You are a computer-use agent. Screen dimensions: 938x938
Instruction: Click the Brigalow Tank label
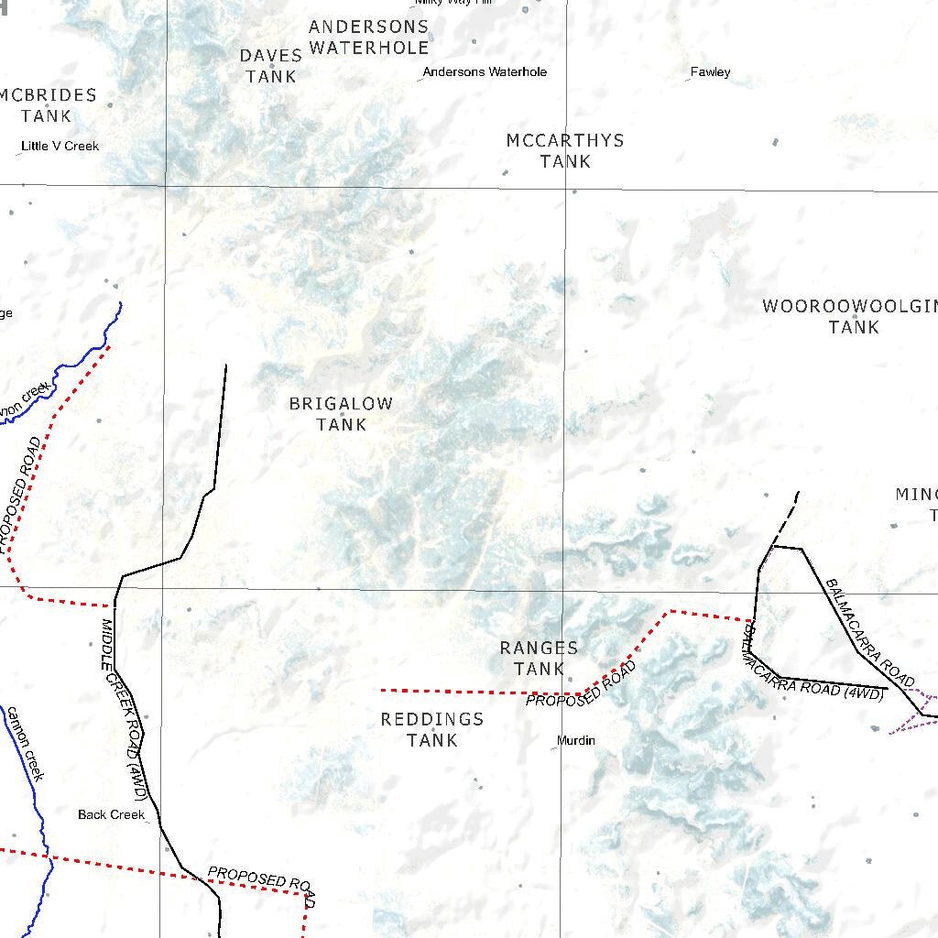[341, 414]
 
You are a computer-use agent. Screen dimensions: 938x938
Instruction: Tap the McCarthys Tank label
[565, 150]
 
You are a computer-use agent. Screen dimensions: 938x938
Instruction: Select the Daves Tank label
[271, 66]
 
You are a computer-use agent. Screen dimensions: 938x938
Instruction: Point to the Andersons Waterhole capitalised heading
[368, 37]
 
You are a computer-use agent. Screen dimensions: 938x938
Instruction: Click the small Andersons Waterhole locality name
[485, 71]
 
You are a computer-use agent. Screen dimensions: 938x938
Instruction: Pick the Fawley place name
[710, 71]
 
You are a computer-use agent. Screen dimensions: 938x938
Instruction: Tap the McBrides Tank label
[47, 105]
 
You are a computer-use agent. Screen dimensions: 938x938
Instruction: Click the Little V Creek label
[60, 146]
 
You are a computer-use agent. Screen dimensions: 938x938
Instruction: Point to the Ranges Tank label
[539, 658]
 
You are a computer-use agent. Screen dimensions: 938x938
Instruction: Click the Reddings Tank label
[431, 729]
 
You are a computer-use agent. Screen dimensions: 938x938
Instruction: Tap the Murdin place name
[576, 740]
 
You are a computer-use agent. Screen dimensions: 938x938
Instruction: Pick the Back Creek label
[111, 814]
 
